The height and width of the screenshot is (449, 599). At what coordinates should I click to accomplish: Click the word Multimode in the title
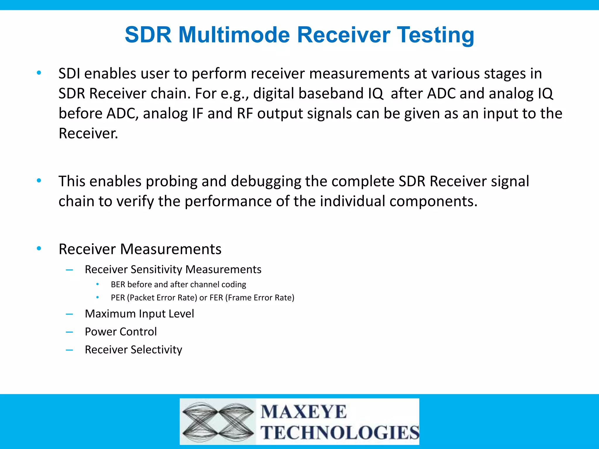234,35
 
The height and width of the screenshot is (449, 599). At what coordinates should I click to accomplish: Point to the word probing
171,181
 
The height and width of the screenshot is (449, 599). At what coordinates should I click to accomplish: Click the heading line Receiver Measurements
140,249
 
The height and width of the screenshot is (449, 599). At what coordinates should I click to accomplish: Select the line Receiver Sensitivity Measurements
173,269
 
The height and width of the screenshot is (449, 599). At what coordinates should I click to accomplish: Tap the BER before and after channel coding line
178,284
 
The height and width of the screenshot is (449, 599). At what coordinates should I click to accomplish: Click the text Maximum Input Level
139,314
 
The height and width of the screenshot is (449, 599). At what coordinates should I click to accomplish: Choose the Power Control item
121,332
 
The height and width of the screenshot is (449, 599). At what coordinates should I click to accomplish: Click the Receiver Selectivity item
133,350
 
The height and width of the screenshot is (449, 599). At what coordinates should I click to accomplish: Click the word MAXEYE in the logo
304,412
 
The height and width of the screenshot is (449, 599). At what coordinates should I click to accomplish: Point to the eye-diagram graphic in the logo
218,422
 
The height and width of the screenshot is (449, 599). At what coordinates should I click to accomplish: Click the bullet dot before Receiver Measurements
39,249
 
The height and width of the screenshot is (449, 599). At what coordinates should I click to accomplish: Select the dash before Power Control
69,332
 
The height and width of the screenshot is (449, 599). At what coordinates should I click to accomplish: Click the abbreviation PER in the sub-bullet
118,298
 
